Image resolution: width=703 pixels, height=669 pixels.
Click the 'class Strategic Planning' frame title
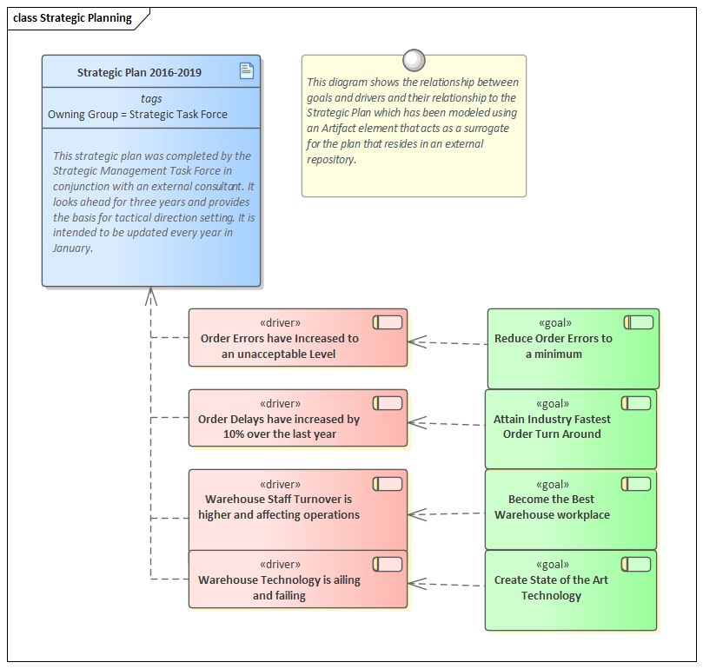pyautogui.click(x=72, y=18)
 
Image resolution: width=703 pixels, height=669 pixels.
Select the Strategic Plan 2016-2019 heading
pyautogui.click(x=139, y=72)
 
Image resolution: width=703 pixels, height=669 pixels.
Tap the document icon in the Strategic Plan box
pyautogui.click(x=247, y=71)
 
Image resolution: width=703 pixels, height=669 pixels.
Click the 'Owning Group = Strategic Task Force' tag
pyautogui.click(x=137, y=114)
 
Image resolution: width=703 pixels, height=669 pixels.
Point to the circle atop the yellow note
pyautogui.click(x=415, y=59)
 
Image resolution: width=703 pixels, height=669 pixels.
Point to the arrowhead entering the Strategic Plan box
pyautogui.click(x=150, y=295)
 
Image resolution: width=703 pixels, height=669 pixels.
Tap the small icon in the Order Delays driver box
pyautogui.click(x=388, y=402)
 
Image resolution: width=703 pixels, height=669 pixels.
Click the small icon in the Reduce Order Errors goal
pyautogui.click(x=639, y=322)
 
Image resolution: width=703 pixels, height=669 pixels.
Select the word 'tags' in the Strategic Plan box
pyautogui.click(x=151, y=99)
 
